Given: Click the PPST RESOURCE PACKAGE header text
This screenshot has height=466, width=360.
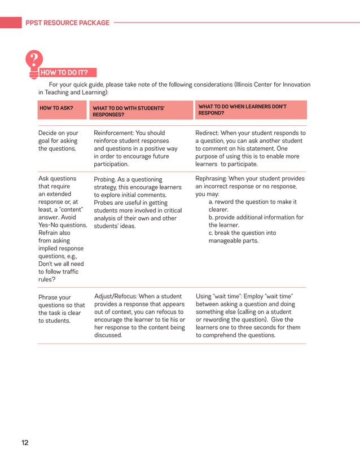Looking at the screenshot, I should tap(67, 23).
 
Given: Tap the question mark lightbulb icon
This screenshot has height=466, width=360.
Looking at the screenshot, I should tap(34, 61).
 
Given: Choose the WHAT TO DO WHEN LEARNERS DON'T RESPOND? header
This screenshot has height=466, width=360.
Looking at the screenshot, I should tap(242, 109).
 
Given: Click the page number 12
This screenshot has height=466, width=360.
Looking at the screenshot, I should tap(25, 442).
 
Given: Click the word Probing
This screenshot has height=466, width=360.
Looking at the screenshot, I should tap(106, 179).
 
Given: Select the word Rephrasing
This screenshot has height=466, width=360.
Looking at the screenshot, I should tap(211, 179).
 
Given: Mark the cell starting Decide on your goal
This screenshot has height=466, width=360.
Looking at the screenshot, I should tap(58, 141).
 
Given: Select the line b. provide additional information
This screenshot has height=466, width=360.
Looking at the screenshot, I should tap(256, 217).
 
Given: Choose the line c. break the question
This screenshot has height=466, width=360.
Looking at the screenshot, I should tap(242, 233).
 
